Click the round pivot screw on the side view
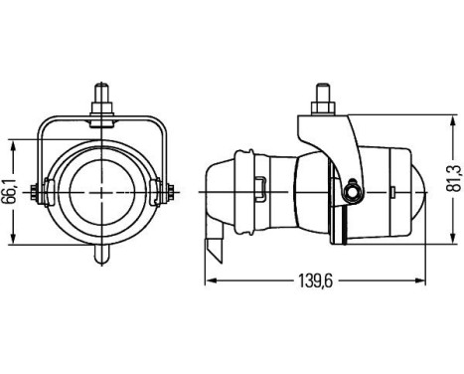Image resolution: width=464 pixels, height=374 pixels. (x=352, y=190)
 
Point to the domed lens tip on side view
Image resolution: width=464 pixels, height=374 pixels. (x=421, y=189)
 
